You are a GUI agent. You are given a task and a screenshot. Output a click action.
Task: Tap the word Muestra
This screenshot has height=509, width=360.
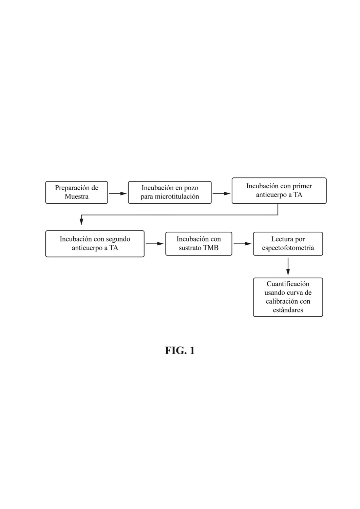(77, 196)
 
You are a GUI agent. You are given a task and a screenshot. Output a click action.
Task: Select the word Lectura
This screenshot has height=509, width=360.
(281, 239)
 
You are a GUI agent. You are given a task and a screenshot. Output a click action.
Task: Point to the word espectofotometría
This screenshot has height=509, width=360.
(288, 248)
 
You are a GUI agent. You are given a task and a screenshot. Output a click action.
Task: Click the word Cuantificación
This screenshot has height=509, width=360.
(288, 284)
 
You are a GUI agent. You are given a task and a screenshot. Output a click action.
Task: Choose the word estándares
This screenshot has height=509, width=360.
(288, 310)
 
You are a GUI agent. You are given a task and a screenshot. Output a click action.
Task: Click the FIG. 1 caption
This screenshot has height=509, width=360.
(180, 351)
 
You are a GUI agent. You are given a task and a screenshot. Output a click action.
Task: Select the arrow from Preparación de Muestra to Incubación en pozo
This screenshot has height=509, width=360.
(118, 194)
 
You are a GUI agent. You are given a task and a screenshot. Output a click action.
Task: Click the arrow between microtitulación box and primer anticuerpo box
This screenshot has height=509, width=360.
(221, 194)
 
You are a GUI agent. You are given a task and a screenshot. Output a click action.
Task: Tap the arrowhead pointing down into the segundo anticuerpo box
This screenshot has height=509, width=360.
(81, 222)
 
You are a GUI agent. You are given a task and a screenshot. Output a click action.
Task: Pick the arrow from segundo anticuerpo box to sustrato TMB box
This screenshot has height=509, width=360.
(155, 244)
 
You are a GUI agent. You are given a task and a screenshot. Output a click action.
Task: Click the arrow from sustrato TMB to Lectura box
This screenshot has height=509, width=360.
(243, 244)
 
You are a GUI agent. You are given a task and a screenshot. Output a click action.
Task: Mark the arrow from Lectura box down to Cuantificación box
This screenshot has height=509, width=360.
(288, 266)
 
